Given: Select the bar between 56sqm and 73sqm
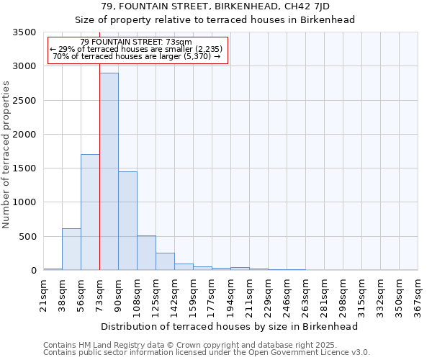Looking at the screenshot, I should [90, 212].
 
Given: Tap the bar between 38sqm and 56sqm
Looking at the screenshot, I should [71, 249].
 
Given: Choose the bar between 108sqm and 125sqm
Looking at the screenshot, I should [146, 253].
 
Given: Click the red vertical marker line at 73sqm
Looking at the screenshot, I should [99, 144].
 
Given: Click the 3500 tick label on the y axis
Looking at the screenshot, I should [24, 32].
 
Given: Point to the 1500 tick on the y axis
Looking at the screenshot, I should [24, 168].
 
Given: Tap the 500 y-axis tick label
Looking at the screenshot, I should [27, 237].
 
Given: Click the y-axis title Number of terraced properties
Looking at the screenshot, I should [7, 155].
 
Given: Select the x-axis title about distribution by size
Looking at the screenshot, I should [230, 326].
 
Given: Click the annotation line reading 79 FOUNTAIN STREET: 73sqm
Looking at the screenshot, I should [136, 42].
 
